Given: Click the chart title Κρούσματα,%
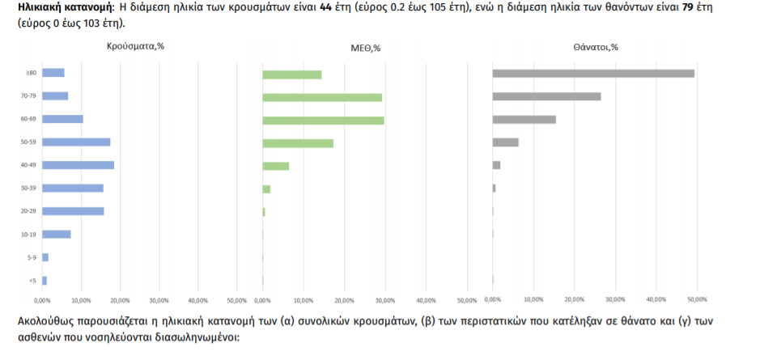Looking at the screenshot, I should tap(135, 47).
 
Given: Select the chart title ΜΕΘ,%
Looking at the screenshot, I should tap(365, 48).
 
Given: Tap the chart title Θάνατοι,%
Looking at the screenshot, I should tap(595, 47).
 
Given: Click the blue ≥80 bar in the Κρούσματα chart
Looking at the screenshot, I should tap(53, 73).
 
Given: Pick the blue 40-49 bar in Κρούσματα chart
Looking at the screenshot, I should tap(78, 165).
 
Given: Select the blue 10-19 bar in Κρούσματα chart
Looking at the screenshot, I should tap(57, 235).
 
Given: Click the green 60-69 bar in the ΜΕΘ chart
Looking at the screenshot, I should tap(323, 121).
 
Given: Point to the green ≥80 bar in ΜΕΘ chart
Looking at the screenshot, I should tap(292, 74).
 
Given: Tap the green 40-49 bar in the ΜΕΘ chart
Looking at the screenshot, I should tap(276, 166).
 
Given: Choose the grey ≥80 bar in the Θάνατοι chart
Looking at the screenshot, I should tap(593, 74).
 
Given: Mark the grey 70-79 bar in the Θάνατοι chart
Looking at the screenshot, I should tap(546, 97).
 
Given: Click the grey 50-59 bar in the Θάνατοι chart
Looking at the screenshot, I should tap(506, 142).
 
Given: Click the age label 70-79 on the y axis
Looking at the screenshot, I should tap(30, 96).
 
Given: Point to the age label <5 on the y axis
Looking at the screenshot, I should tap(32, 281).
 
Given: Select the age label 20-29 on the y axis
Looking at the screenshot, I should tap(30, 211).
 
